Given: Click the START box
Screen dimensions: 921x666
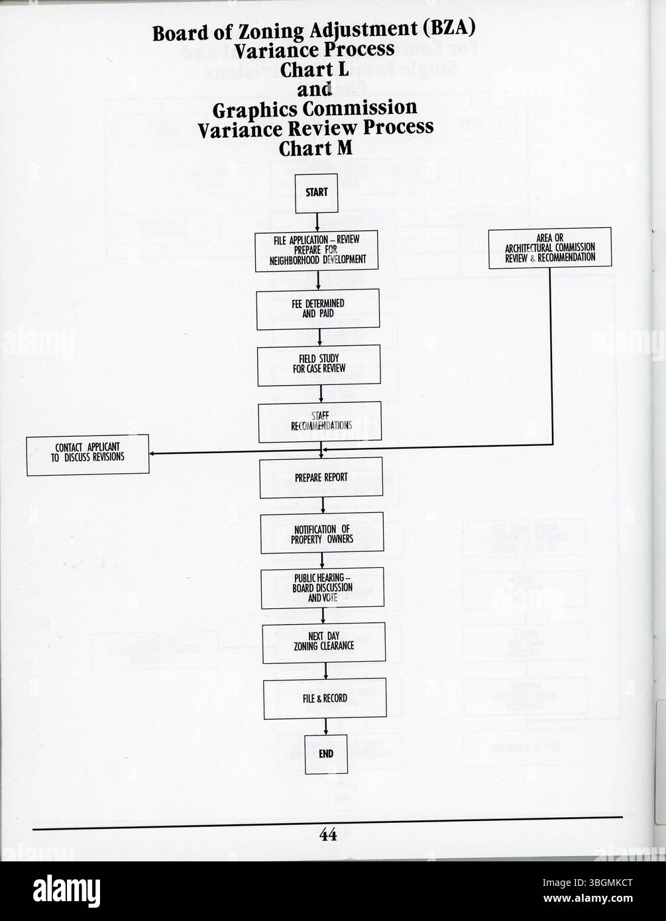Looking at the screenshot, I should [316, 193].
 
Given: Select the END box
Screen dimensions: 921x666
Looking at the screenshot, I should [326, 754].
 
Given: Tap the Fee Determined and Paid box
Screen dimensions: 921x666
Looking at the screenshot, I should [318, 309].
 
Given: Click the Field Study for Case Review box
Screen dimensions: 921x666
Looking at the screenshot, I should [319, 364].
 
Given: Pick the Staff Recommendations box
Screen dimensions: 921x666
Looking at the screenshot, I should [321, 421].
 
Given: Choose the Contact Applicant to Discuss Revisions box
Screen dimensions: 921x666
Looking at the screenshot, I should [87, 454].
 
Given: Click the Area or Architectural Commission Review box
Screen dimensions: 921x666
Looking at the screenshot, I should [549, 248].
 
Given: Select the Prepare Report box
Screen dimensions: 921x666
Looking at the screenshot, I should [321, 477].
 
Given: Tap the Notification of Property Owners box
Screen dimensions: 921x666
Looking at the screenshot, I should [321, 533].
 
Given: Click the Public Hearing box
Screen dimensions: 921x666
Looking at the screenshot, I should [322, 588].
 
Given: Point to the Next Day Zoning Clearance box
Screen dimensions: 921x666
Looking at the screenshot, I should [323, 642].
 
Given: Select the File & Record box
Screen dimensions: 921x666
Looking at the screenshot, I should [325, 698].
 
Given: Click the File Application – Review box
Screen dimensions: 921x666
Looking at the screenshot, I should [316, 251].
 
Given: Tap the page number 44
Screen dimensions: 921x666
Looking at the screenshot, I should [328, 835].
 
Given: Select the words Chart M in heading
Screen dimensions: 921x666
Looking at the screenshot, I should [315, 148].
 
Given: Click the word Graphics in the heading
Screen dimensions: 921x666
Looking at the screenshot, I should [258, 109].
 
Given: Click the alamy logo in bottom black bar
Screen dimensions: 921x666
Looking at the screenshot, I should [66, 891].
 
